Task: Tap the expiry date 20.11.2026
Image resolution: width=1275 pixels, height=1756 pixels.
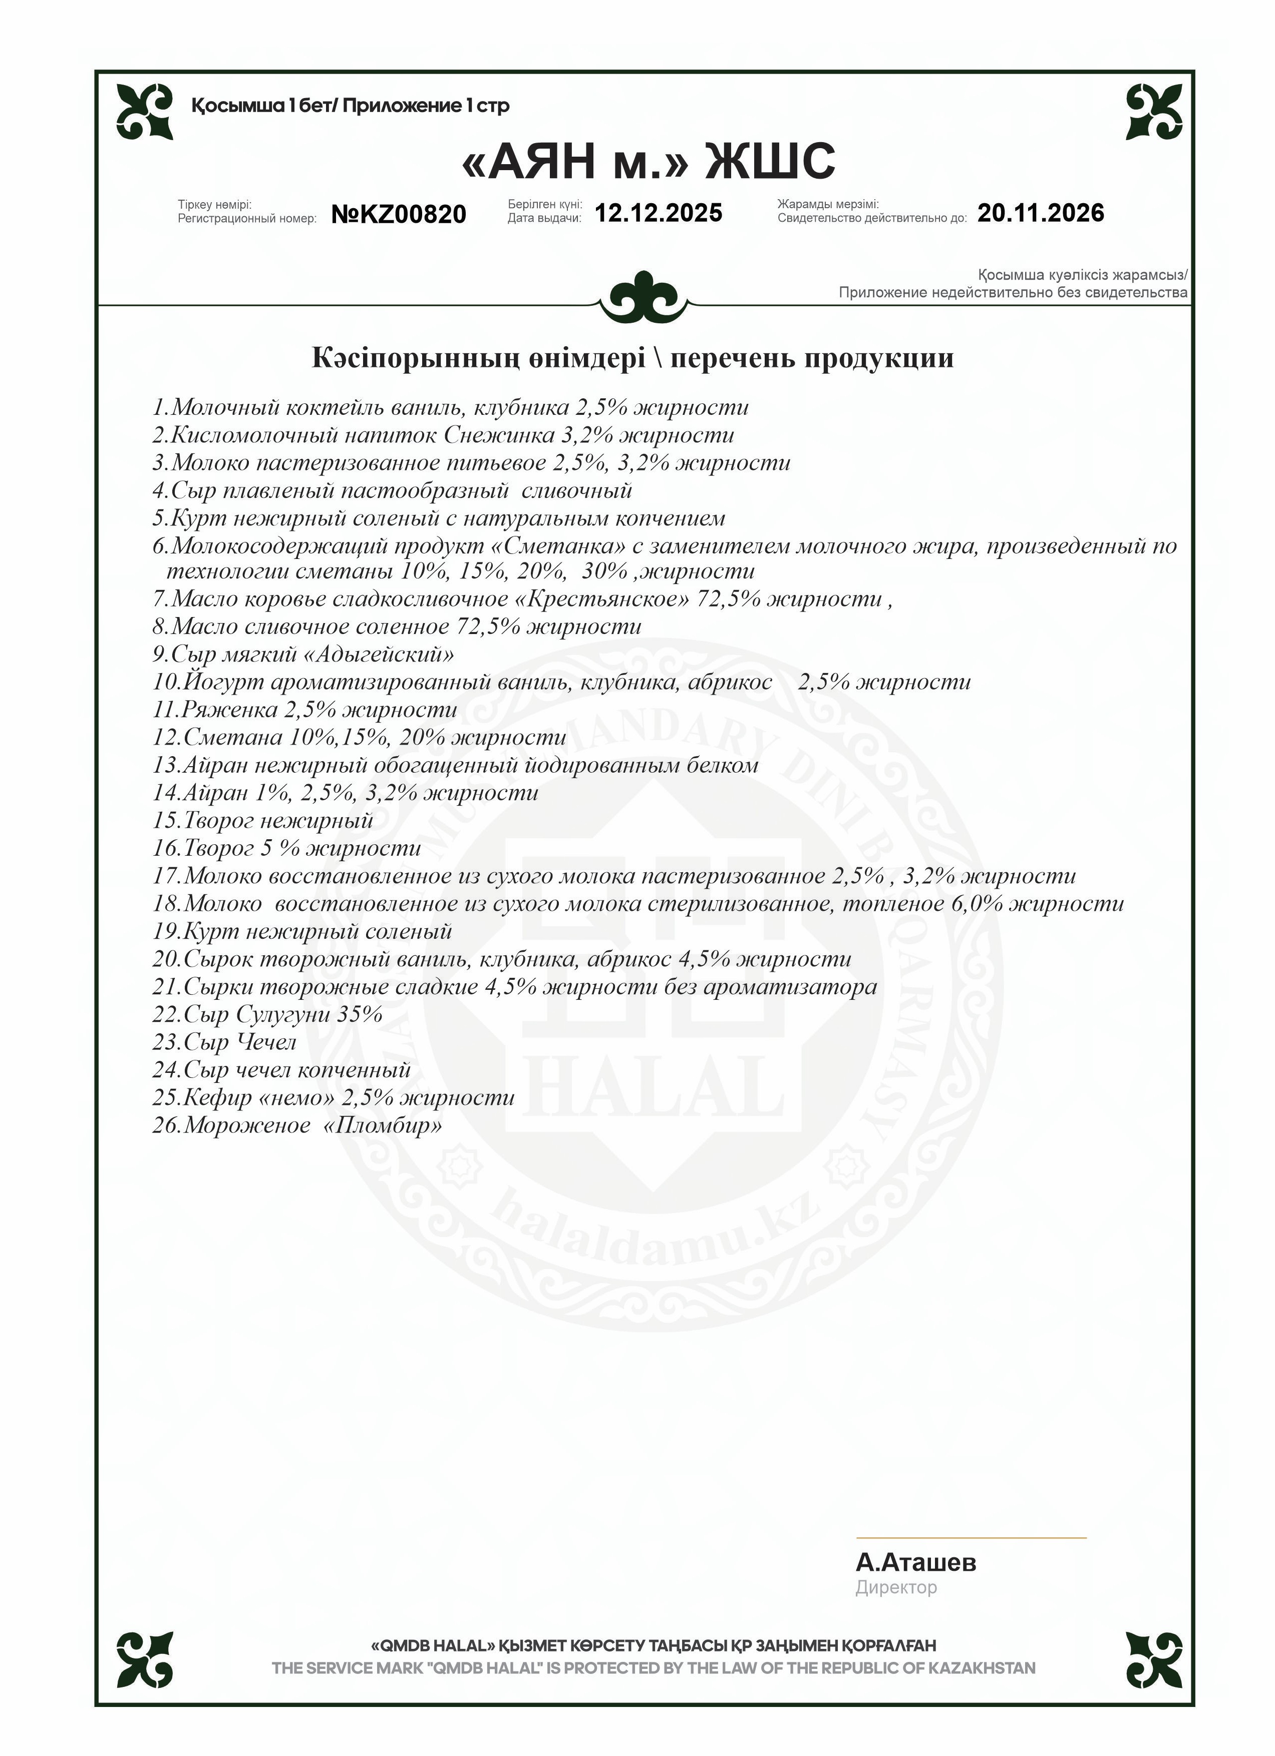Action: pyautogui.click(x=1040, y=213)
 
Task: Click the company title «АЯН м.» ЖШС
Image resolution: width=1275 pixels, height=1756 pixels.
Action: pyautogui.click(x=648, y=161)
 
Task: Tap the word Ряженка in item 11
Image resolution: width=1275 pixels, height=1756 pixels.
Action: pyautogui.click(x=230, y=710)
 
